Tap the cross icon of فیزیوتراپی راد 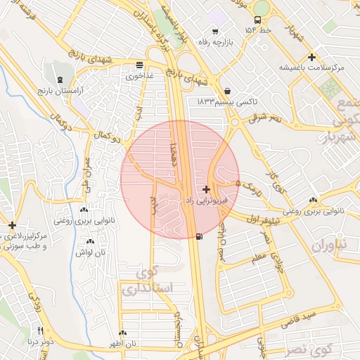tap(206, 189)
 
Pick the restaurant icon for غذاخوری tap(141, 66)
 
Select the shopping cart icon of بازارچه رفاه tap(214, 32)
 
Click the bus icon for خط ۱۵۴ tap(257, 21)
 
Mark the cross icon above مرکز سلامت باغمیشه tap(312, 56)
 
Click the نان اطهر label tap(123, 344)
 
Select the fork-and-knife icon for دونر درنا tap(41, 331)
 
